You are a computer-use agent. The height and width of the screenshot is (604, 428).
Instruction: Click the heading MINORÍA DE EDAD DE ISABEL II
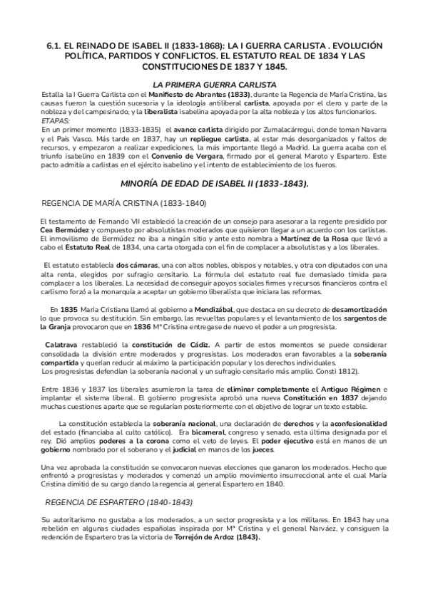[x=214, y=183]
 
